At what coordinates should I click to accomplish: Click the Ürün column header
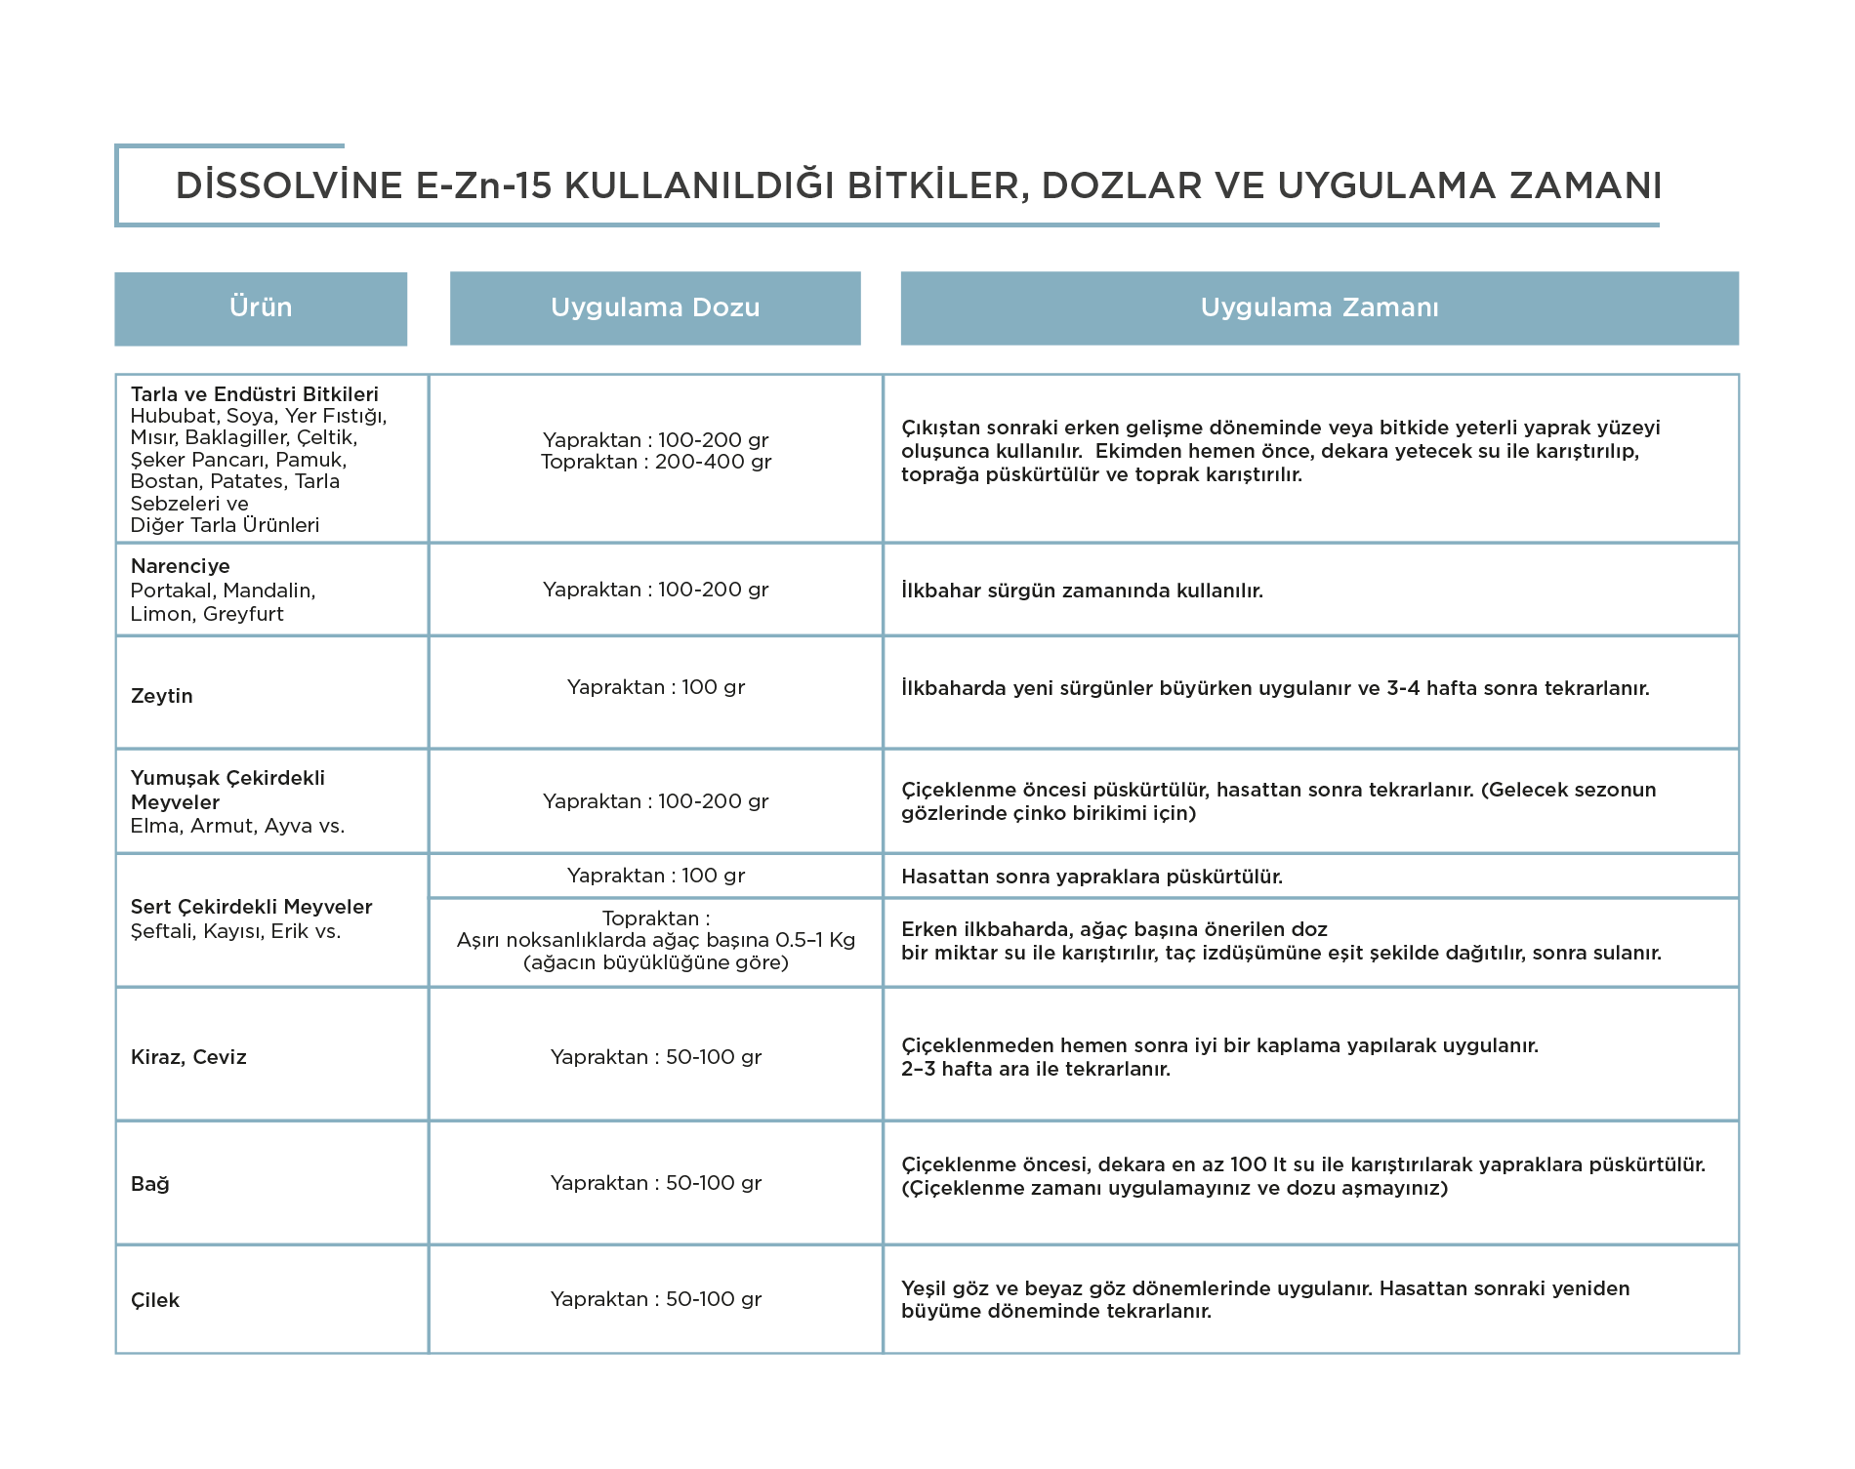tap(261, 307)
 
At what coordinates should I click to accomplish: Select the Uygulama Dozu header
tap(655, 307)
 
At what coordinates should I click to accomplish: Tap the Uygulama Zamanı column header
tap(1320, 307)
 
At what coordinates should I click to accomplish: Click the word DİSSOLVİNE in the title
tap(289, 184)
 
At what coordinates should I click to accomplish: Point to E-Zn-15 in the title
tap(484, 185)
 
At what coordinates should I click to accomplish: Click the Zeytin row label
tap(162, 696)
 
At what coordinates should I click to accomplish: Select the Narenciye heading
tap(181, 566)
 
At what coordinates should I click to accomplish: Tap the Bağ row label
tap(150, 1184)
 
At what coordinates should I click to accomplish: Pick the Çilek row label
tap(155, 1300)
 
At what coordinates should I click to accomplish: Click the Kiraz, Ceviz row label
tap(188, 1057)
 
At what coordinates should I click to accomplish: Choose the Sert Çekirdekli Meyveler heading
tap(252, 907)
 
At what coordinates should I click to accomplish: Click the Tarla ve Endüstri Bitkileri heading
tap(255, 394)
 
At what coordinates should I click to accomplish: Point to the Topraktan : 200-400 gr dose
tap(656, 462)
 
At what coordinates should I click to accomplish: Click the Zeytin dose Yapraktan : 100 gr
tap(656, 687)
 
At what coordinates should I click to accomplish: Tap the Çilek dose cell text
tap(656, 1299)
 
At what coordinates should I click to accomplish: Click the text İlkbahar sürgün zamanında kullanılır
tap(1082, 591)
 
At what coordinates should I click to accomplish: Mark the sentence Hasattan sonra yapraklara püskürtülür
tap(1092, 877)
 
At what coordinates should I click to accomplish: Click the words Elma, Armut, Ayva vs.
tap(238, 826)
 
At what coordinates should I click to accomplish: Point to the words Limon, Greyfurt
tap(207, 614)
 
